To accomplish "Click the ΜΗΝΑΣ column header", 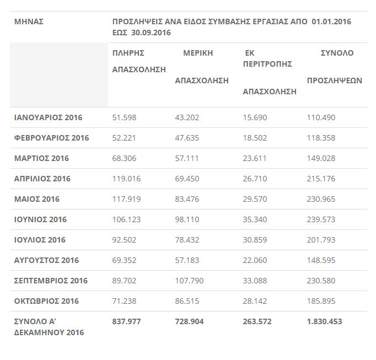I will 29,22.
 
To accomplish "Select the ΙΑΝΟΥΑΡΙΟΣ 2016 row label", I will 48,117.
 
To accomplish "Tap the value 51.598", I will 124,117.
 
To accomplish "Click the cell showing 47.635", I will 187,138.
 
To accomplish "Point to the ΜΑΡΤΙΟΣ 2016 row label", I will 41,158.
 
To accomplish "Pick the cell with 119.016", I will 126,179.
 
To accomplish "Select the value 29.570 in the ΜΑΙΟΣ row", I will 255,199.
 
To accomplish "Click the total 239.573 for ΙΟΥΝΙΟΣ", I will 321,219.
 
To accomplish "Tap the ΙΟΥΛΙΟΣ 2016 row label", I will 40,240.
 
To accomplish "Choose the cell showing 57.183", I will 187,260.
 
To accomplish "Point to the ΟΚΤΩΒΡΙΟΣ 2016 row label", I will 46,301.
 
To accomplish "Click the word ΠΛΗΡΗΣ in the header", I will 128,53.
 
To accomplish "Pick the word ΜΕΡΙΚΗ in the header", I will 198,53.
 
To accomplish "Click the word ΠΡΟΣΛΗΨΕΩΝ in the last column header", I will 334,80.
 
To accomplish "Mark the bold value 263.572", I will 257,321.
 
